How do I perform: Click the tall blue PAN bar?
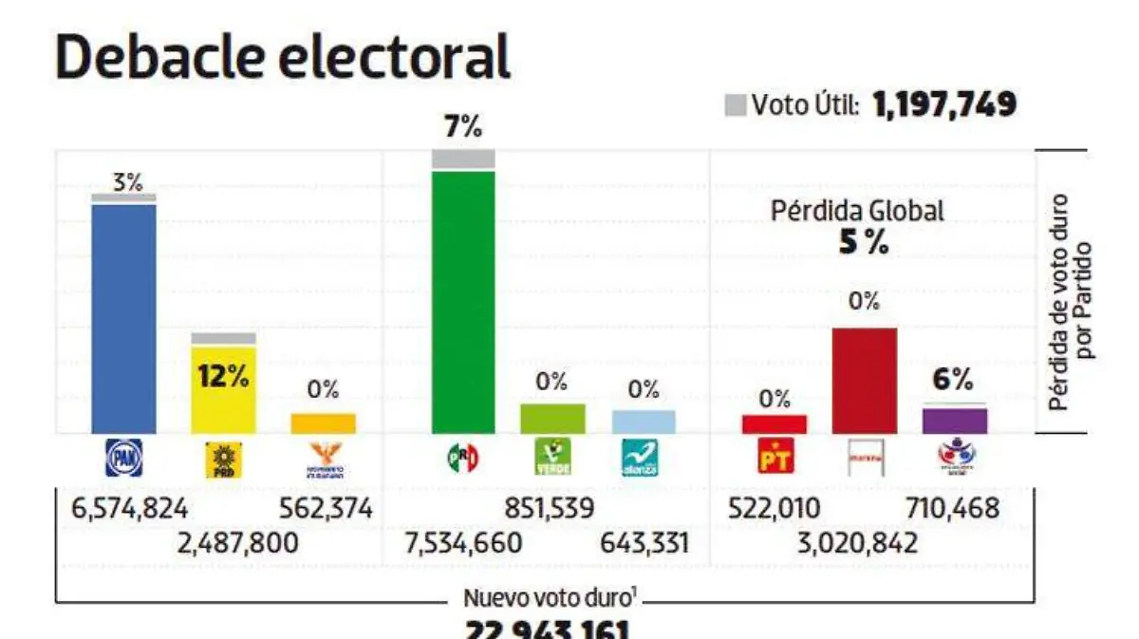[x=123, y=318]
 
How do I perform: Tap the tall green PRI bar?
[x=463, y=304]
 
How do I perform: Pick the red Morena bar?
[x=864, y=380]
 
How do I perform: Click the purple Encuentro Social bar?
[x=955, y=421]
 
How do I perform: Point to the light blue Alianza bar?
[x=644, y=422]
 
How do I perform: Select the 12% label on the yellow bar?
[x=223, y=376]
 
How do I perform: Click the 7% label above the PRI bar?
[x=463, y=126]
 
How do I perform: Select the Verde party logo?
[x=552, y=459]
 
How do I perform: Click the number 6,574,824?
[x=129, y=509]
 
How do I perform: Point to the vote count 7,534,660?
[x=463, y=544]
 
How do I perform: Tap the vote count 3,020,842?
[x=859, y=544]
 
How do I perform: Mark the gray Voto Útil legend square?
[x=736, y=105]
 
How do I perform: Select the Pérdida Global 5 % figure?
[x=864, y=243]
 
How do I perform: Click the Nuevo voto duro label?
[x=545, y=598]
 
